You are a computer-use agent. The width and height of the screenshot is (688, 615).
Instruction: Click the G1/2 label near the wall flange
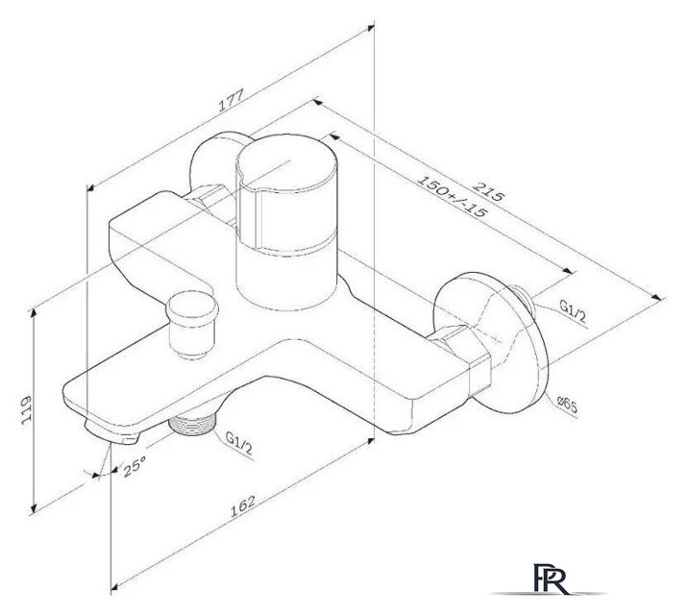[573, 309]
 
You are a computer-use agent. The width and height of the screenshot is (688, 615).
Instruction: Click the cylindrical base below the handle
[284, 279]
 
